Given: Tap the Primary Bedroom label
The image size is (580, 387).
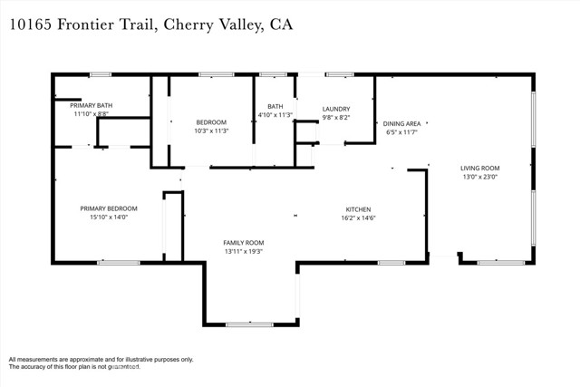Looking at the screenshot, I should [x=108, y=208].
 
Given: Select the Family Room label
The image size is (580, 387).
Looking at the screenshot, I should [x=244, y=243].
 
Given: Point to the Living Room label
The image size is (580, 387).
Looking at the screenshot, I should [x=479, y=168].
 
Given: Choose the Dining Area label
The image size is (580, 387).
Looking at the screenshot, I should [x=401, y=123].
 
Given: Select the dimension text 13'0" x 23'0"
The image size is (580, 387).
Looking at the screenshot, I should [x=479, y=178].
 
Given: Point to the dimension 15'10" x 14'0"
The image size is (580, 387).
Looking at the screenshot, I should [x=108, y=218].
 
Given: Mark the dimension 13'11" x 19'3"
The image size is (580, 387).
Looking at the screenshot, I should [x=244, y=253].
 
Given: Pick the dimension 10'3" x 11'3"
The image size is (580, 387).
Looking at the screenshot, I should [x=211, y=131].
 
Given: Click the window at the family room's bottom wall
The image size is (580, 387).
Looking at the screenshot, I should [x=249, y=324].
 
